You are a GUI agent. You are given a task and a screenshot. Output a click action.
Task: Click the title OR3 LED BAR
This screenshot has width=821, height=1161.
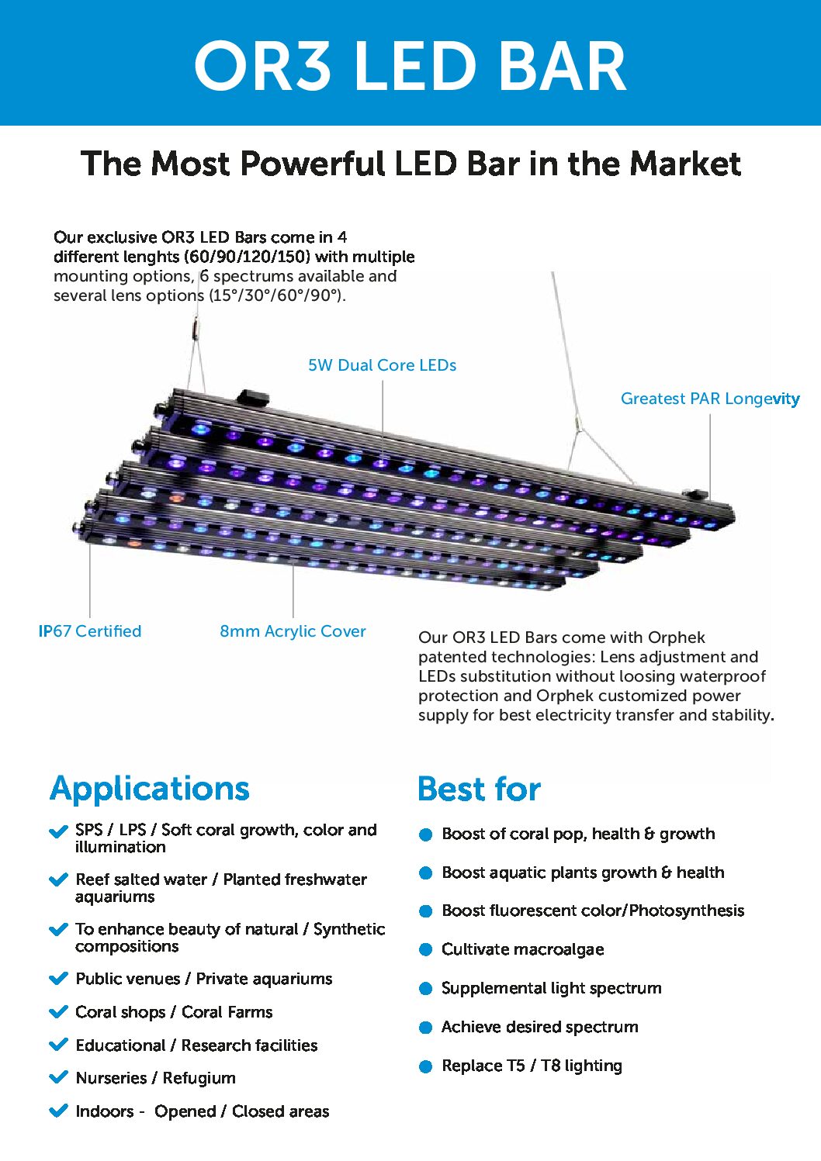pyautogui.click(x=410, y=66)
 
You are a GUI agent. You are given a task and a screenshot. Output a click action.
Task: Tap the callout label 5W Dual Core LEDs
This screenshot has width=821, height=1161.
pyautogui.click(x=383, y=365)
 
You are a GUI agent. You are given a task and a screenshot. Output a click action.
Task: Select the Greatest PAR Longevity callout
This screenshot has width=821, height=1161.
pyautogui.click(x=710, y=399)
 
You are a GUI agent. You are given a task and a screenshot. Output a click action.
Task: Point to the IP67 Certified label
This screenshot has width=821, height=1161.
pyautogui.click(x=90, y=631)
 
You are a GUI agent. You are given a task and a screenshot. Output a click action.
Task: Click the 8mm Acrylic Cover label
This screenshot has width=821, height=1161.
pyautogui.click(x=293, y=631)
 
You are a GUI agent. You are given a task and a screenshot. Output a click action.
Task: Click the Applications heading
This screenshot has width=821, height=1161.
pyautogui.click(x=149, y=790)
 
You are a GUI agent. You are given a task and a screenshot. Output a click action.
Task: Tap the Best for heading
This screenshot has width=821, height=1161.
pyautogui.click(x=479, y=789)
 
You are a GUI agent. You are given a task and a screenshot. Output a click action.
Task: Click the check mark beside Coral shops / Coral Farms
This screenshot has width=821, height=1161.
pyautogui.click(x=58, y=1011)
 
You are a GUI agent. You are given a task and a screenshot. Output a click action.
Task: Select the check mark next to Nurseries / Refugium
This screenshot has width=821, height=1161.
pyautogui.click(x=58, y=1077)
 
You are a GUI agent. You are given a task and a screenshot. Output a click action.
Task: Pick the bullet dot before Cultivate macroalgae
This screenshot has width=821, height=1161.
pyautogui.click(x=425, y=950)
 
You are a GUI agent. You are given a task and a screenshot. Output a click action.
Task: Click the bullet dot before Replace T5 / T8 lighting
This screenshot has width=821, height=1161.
pyautogui.click(x=425, y=1066)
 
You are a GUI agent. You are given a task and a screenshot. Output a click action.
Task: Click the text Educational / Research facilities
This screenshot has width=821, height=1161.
pyautogui.click(x=196, y=1045)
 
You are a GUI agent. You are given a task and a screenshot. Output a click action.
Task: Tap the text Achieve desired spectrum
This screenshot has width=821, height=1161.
pyautogui.click(x=540, y=1027)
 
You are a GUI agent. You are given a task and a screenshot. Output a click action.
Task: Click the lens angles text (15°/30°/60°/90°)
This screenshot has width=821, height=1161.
pyautogui.click(x=278, y=295)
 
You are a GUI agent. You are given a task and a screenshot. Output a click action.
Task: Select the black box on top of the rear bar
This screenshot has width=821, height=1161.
pyautogui.click(x=254, y=398)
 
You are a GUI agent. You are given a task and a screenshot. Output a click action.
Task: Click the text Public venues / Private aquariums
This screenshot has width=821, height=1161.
pyautogui.click(x=204, y=979)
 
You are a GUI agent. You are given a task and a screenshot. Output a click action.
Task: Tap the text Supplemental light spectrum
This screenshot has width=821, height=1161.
pyautogui.click(x=551, y=988)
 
